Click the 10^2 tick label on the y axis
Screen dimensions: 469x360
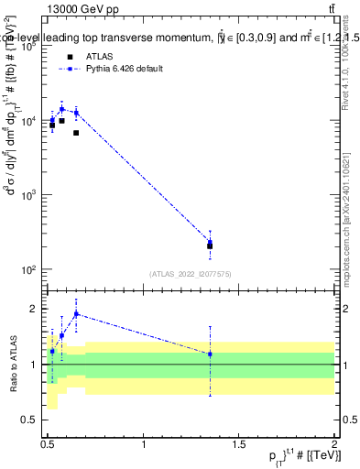point(27,270)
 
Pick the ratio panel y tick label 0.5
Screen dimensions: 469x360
point(31,420)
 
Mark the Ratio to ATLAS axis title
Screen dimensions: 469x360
point(12,365)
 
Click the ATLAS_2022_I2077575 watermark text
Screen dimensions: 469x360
point(191,273)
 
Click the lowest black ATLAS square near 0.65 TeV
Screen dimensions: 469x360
point(76,133)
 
